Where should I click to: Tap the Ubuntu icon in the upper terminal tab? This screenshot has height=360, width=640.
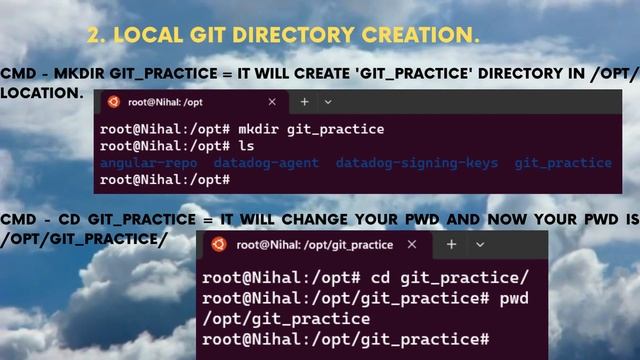click(x=114, y=102)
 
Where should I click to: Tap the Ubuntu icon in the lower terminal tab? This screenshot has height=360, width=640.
click(x=218, y=244)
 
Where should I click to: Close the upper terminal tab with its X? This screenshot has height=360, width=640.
click(x=272, y=102)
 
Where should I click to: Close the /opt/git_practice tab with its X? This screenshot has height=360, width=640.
click(x=414, y=244)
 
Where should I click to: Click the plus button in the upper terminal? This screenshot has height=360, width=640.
click(x=304, y=102)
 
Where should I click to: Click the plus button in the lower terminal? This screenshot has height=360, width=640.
click(x=451, y=244)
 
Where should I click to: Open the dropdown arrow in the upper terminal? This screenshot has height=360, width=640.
click(x=328, y=102)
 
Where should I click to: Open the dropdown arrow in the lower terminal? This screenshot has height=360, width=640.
click(x=479, y=244)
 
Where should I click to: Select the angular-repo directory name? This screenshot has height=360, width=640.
click(x=148, y=163)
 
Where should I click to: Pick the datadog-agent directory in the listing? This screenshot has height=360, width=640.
click(x=266, y=163)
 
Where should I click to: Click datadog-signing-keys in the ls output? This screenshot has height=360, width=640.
click(x=417, y=163)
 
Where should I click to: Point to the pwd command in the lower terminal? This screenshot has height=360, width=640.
click(x=513, y=299)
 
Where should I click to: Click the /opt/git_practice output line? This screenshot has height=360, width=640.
click(x=286, y=319)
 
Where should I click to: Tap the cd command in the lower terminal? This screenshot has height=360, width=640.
click(x=381, y=277)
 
